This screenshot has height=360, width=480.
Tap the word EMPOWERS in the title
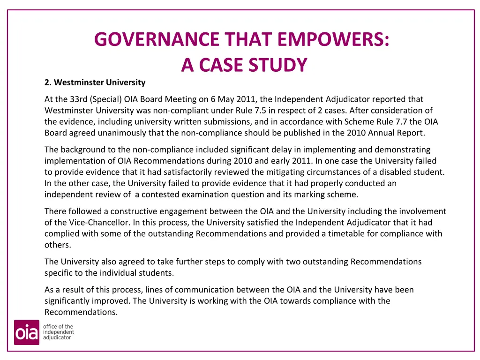point(333,39)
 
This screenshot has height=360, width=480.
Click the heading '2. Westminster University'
point(95,82)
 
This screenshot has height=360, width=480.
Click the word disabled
point(397,172)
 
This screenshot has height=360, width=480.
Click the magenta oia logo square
point(26,332)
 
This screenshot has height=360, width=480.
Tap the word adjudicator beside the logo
point(57,337)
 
